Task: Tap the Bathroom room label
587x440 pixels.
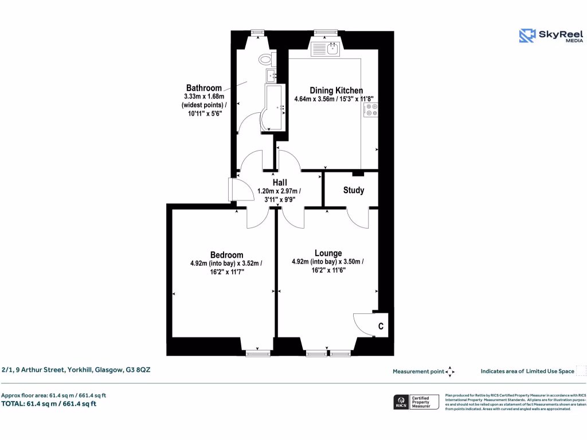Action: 204,88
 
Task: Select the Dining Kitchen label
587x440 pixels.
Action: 336,91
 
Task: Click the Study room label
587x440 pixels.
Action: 353,190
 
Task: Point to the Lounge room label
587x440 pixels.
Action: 328,253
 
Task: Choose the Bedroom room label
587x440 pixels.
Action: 226,255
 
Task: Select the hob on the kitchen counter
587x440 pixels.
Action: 370,110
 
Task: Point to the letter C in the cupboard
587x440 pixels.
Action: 380,327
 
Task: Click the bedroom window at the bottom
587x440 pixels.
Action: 257,353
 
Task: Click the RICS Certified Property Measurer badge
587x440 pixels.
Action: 416,402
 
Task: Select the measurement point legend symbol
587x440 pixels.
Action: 450,372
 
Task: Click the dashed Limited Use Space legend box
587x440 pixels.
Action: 581,371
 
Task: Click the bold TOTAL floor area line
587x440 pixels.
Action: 49,404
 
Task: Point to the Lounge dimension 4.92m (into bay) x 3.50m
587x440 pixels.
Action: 327,262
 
